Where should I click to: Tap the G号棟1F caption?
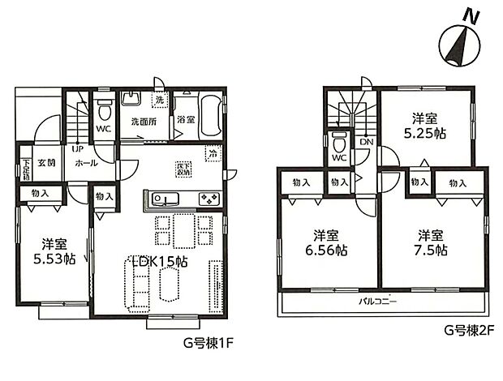click(209, 343)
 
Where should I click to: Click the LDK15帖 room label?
click(160, 262)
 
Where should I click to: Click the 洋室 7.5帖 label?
click(431, 242)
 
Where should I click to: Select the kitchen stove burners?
click(208, 199)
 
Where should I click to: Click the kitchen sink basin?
click(161, 199)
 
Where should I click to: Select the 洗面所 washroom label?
click(144, 122)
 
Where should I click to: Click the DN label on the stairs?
click(366, 141)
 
